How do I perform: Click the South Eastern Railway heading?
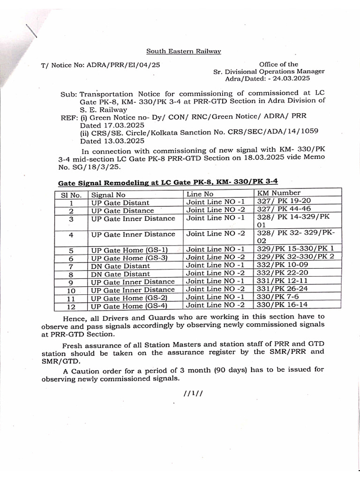[x=183, y=51]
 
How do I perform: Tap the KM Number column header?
[x=279, y=193]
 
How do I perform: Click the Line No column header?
[x=200, y=194]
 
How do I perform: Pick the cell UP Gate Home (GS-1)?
[x=129, y=250]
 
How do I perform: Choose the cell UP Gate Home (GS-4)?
[x=129, y=306]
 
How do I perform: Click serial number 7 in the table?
[x=71, y=266]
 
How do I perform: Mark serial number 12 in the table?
[x=71, y=307]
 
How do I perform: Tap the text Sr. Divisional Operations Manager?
[x=269, y=72]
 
